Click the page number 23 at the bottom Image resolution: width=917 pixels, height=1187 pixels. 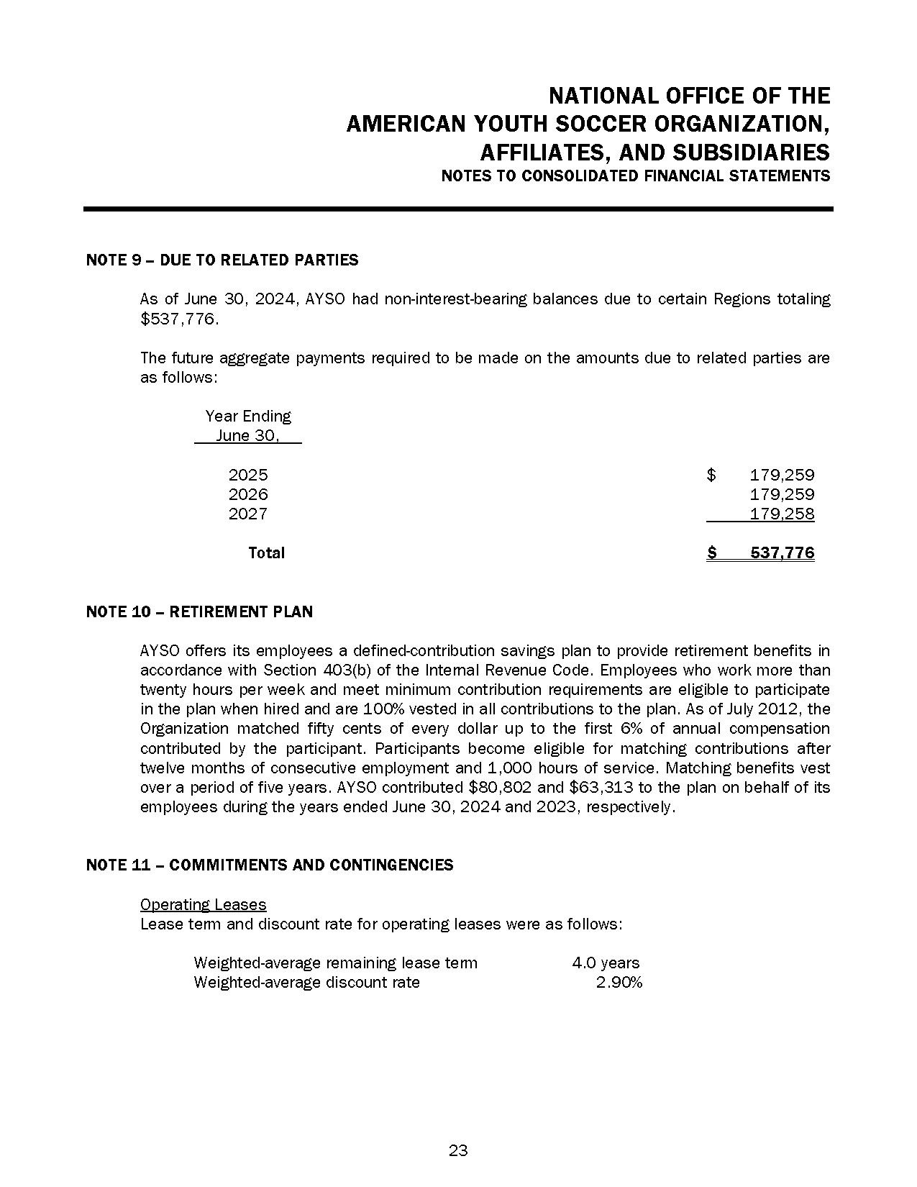tap(458, 1150)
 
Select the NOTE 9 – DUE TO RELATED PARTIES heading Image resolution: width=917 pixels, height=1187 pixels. tap(222, 260)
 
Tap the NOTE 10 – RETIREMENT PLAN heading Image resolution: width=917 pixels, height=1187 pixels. tap(199, 612)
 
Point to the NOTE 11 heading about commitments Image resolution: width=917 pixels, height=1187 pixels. tap(269, 865)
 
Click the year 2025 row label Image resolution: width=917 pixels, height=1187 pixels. tap(248, 475)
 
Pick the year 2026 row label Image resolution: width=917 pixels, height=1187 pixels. tap(248, 494)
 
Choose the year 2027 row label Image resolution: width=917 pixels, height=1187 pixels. tap(248, 514)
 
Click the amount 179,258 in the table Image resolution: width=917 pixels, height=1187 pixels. tap(782, 514)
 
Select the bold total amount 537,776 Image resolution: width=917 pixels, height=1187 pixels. tap(782, 552)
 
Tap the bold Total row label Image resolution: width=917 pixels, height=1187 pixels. tap(266, 552)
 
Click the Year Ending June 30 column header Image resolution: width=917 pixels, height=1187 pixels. tap(248, 426)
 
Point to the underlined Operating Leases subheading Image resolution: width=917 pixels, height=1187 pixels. tap(203, 904)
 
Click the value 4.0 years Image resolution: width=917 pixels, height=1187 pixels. tap(606, 963)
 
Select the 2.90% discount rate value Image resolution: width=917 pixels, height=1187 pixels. tap(619, 982)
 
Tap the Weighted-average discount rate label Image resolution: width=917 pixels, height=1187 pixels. tap(306, 982)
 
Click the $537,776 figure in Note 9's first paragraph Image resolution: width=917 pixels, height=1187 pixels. tap(178, 319)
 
